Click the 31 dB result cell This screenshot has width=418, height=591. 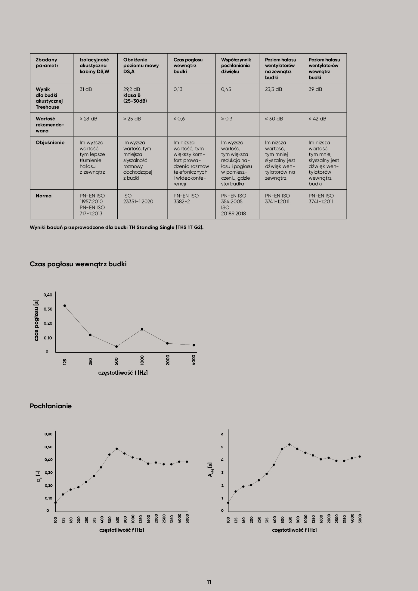86,89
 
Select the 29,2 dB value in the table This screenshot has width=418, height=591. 132,89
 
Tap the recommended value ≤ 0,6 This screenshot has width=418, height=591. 179,119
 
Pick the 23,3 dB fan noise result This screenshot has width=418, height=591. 273,89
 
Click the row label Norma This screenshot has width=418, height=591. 44,196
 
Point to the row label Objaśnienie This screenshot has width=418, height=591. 50,143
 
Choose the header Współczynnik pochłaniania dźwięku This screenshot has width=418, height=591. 236,66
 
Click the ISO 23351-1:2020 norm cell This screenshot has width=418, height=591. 138,199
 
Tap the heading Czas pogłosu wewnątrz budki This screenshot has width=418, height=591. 78,264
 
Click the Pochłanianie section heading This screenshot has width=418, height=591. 51,406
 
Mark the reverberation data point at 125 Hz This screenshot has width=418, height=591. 65,306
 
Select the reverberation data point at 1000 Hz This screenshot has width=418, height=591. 142,330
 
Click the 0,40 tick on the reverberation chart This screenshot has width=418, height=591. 48,295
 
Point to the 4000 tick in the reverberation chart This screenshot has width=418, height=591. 194,360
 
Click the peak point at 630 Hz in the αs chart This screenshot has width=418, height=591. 117,449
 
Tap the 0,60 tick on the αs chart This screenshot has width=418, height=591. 48,434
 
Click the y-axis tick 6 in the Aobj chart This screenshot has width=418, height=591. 222,434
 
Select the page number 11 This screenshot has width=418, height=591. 209,582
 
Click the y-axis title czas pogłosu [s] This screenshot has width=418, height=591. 36,320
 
